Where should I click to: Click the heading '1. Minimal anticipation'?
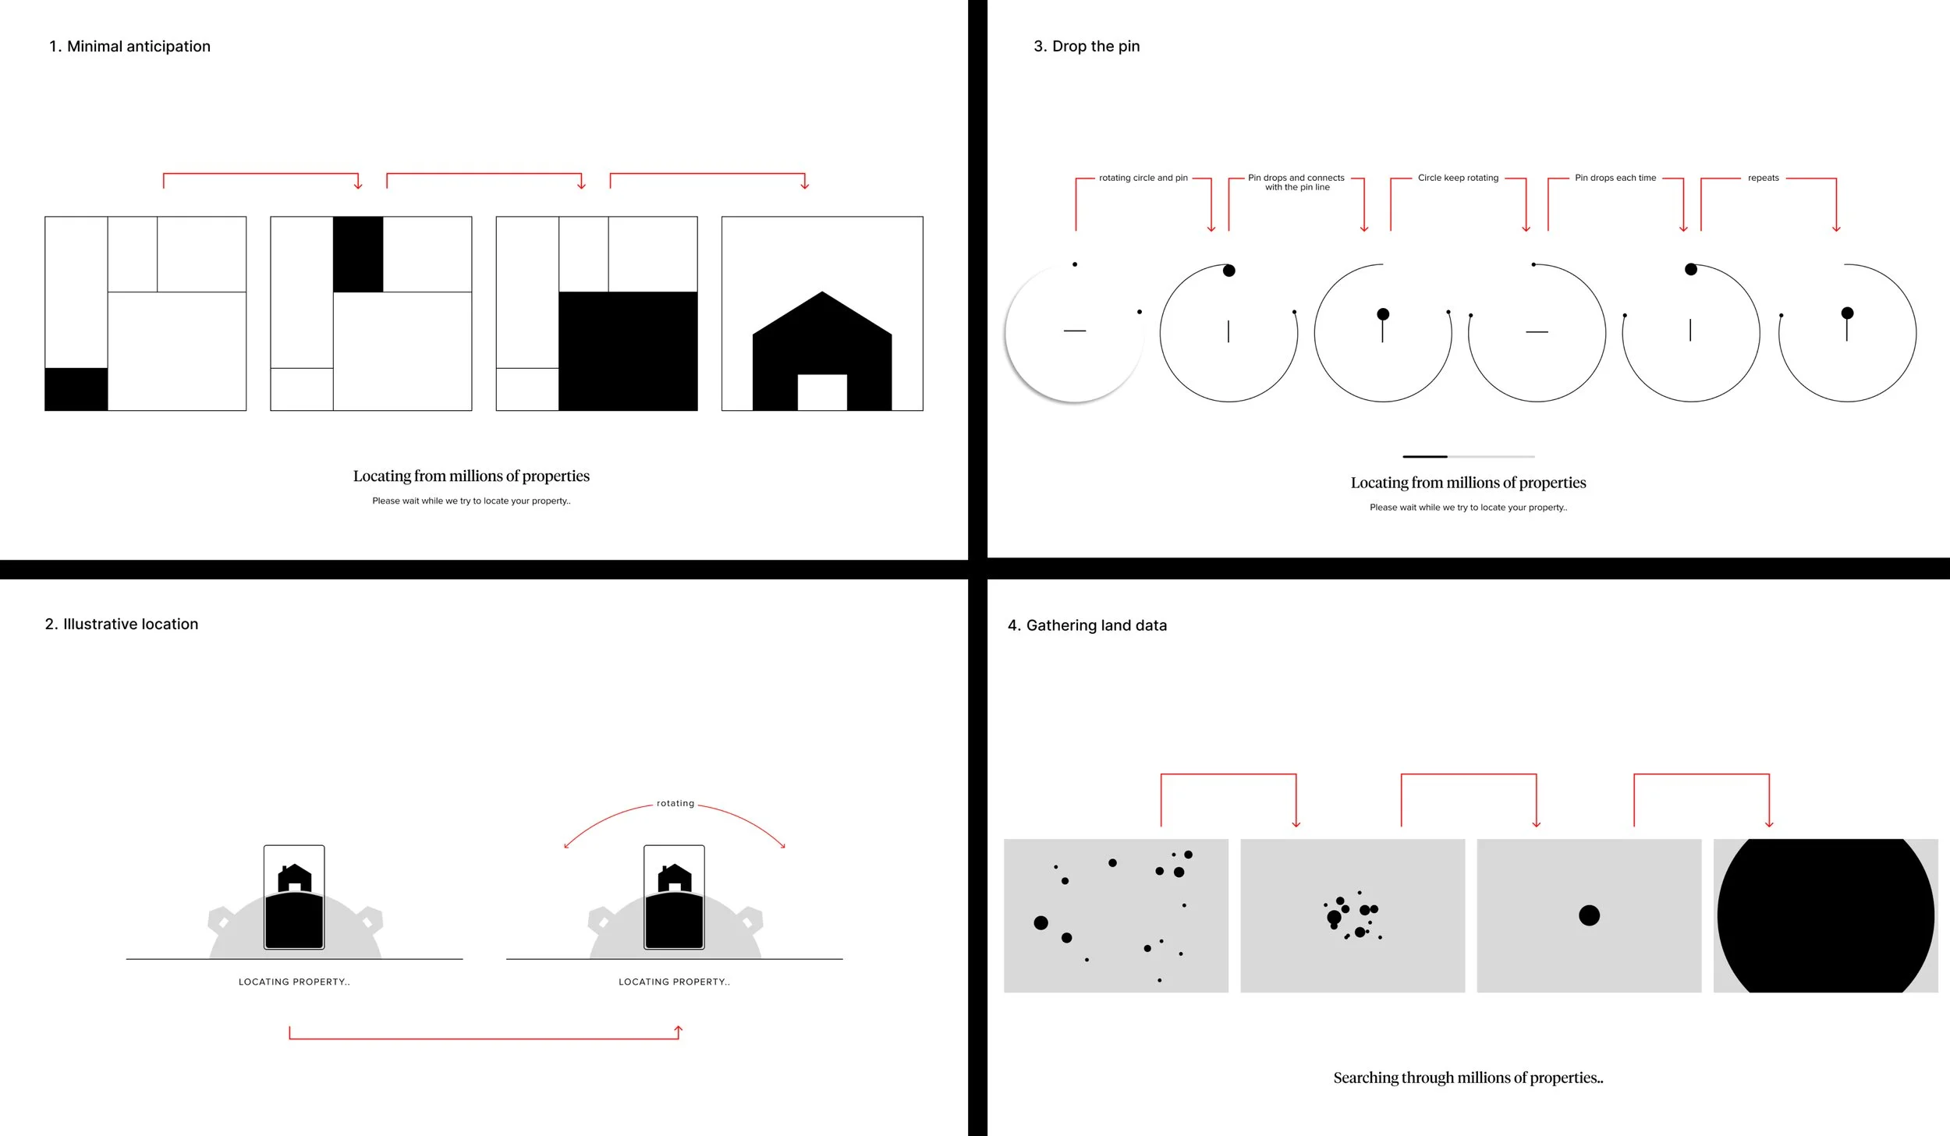tap(129, 47)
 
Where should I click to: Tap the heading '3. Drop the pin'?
tap(1086, 47)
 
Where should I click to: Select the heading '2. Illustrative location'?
tap(122, 625)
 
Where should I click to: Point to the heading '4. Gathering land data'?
tap(1087, 626)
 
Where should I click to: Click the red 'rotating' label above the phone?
tap(675, 804)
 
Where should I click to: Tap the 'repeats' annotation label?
tap(1763, 179)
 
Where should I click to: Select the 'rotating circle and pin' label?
tap(1143, 179)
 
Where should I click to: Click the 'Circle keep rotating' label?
tap(1458, 179)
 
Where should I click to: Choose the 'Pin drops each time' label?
tap(1615, 179)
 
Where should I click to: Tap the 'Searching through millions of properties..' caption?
tap(1468, 1078)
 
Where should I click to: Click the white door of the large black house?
tap(821, 392)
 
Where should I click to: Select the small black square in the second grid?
tap(358, 254)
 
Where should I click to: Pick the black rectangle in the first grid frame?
tap(76, 389)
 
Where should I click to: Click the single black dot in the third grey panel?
tap(1589, 915)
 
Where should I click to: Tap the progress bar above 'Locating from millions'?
tap(1468, 457)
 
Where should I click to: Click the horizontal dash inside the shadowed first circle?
tap(1074, 331)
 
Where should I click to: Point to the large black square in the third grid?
tap(628, 351)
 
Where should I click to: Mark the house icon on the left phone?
tap(294, 878)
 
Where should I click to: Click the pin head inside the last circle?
tap(1847, 313)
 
